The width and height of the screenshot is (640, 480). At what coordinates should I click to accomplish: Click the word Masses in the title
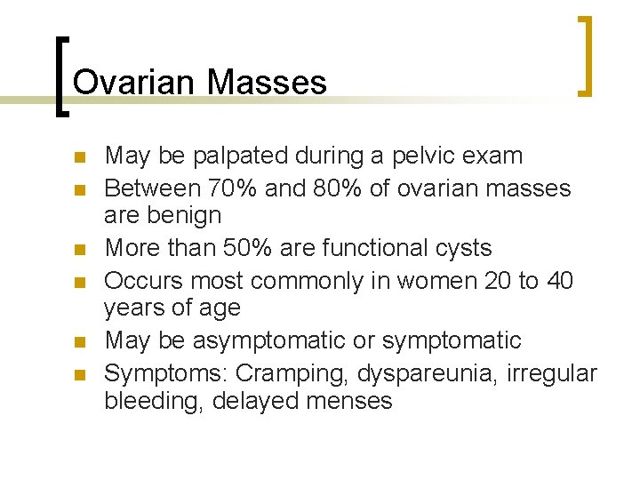tap(267, 83)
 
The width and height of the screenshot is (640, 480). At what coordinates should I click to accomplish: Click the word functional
tap(365, 247)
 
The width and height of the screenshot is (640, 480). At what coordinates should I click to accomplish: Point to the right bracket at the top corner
tap(584, 55)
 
